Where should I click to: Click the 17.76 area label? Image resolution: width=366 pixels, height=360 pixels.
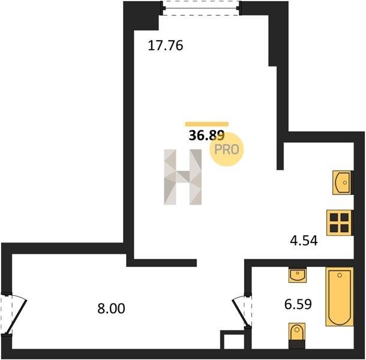click(x=166, y=46)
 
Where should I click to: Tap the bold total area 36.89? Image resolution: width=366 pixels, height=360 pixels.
click(x=206, y=136)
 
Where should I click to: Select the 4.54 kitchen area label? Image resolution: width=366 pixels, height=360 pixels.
click(x=304, y=241)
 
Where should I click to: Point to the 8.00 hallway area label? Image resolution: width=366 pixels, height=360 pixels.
click(x=112, y=308)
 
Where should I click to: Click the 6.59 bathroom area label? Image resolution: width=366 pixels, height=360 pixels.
click(x=298, y=304)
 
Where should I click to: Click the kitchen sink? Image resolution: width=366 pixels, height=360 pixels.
click(x=342, y=182)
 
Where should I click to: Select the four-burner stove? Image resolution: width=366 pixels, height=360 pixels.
click(x=339, y=223)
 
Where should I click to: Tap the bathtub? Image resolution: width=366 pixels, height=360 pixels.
click(x=340, y=296)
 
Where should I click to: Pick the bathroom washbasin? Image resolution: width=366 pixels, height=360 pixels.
click(x=298, y=275)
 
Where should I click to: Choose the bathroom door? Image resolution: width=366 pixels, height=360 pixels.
click(x=242, y=311)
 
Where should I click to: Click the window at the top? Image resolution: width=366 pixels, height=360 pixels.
click(x=201, y=8)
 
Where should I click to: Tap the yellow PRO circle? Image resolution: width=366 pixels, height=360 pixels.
click(x=227, y=149)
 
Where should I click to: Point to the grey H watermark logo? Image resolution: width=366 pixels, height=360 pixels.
click(x=183, y=177)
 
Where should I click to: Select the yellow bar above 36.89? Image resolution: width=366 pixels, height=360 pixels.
click(x=207, y=124)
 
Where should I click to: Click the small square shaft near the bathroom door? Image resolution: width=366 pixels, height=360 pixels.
click(x=232, y=340)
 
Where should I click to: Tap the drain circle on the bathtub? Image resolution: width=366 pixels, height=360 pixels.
click(x=340, y=275)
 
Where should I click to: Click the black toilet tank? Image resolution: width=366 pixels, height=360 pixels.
click(x=296, y=344)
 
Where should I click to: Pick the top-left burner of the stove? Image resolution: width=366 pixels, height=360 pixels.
click(x=334, y=217)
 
